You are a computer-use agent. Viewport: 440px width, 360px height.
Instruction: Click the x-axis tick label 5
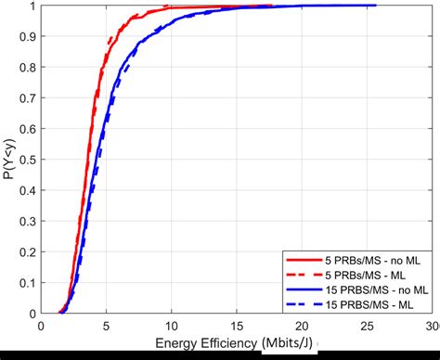click(x=106, y=327)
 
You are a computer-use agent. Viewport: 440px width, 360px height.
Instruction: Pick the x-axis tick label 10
click(x=171, y=327)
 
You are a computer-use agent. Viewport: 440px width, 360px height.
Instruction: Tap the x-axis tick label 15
click(x=237, y=327)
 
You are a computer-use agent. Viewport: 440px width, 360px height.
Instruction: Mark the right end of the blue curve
click(x=375, y=6)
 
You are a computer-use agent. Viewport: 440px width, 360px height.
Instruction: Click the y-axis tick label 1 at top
click(x=33, y=6)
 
